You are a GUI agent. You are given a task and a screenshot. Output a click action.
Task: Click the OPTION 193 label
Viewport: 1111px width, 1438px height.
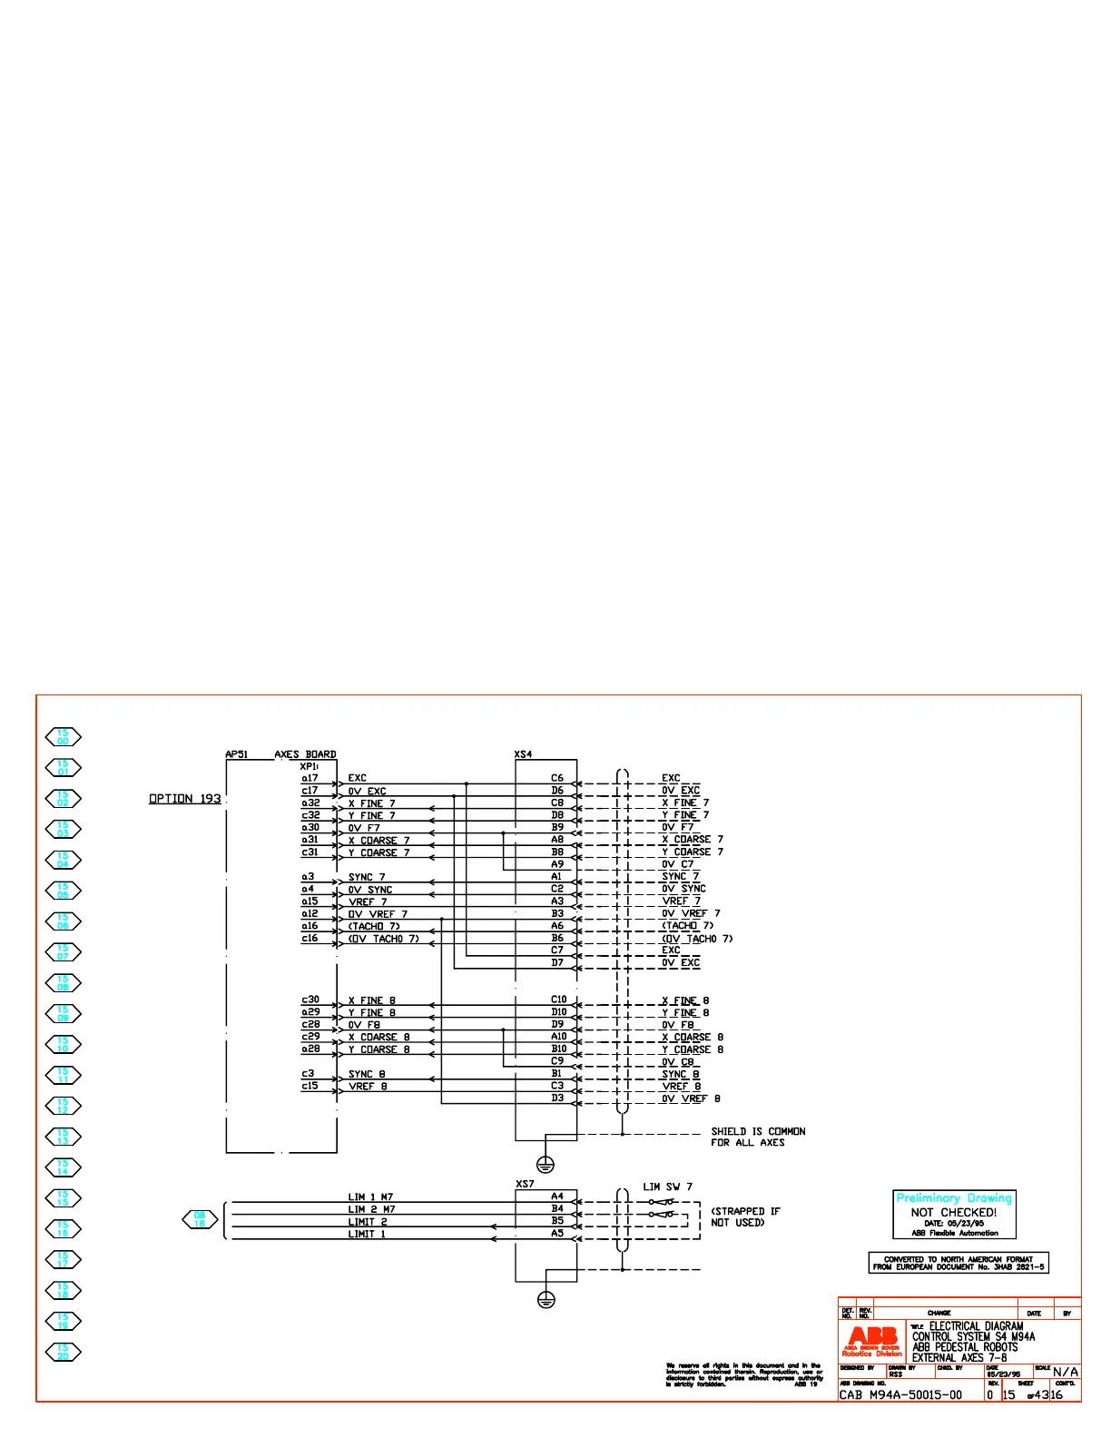(185, 799)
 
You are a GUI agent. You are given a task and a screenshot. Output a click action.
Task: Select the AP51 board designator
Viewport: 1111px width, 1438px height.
(236, 754)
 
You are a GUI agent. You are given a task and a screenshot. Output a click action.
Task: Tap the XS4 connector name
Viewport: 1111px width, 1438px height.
(523, 754)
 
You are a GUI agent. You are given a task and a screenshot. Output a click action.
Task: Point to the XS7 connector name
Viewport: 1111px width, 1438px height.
(525, 1184)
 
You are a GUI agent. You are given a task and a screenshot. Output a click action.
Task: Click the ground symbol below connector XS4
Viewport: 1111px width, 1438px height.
(546, 1164)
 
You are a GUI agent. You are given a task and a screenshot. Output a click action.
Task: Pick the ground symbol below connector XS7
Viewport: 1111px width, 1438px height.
(546, 1300)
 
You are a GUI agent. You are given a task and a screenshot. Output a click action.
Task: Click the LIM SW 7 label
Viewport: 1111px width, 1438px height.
(667, 1187)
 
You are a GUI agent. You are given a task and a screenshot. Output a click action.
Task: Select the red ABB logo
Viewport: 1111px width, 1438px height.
(872, 1340)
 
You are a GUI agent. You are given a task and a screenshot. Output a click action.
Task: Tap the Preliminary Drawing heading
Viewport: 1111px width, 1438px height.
(954, 1198)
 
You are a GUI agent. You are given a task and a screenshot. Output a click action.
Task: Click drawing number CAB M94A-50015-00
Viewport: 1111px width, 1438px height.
(900, 1394)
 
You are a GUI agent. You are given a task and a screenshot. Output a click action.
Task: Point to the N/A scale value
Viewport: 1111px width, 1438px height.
(1066, 1372)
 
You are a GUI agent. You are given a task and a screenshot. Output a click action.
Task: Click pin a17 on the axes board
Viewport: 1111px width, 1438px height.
(310, 778)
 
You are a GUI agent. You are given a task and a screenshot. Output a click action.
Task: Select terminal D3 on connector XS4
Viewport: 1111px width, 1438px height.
(557, 1098)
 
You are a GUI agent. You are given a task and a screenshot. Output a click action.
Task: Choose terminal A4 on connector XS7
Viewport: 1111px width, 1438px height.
(557, 1197)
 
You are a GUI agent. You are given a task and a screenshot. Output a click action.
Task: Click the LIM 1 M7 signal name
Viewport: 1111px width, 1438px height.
(370, 1197)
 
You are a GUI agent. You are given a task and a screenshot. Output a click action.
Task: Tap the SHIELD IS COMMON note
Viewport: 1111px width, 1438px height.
(758, 1137)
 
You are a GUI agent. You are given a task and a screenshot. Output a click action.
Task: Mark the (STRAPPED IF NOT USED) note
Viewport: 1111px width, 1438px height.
(745, 1216)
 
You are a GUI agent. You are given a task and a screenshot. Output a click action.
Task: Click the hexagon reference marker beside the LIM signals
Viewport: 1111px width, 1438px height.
(200, 1219)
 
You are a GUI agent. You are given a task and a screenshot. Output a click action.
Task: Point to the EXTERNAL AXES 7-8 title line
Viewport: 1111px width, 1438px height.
(959, 1358)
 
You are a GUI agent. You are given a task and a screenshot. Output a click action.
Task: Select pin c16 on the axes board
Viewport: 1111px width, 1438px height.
(310, 939)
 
